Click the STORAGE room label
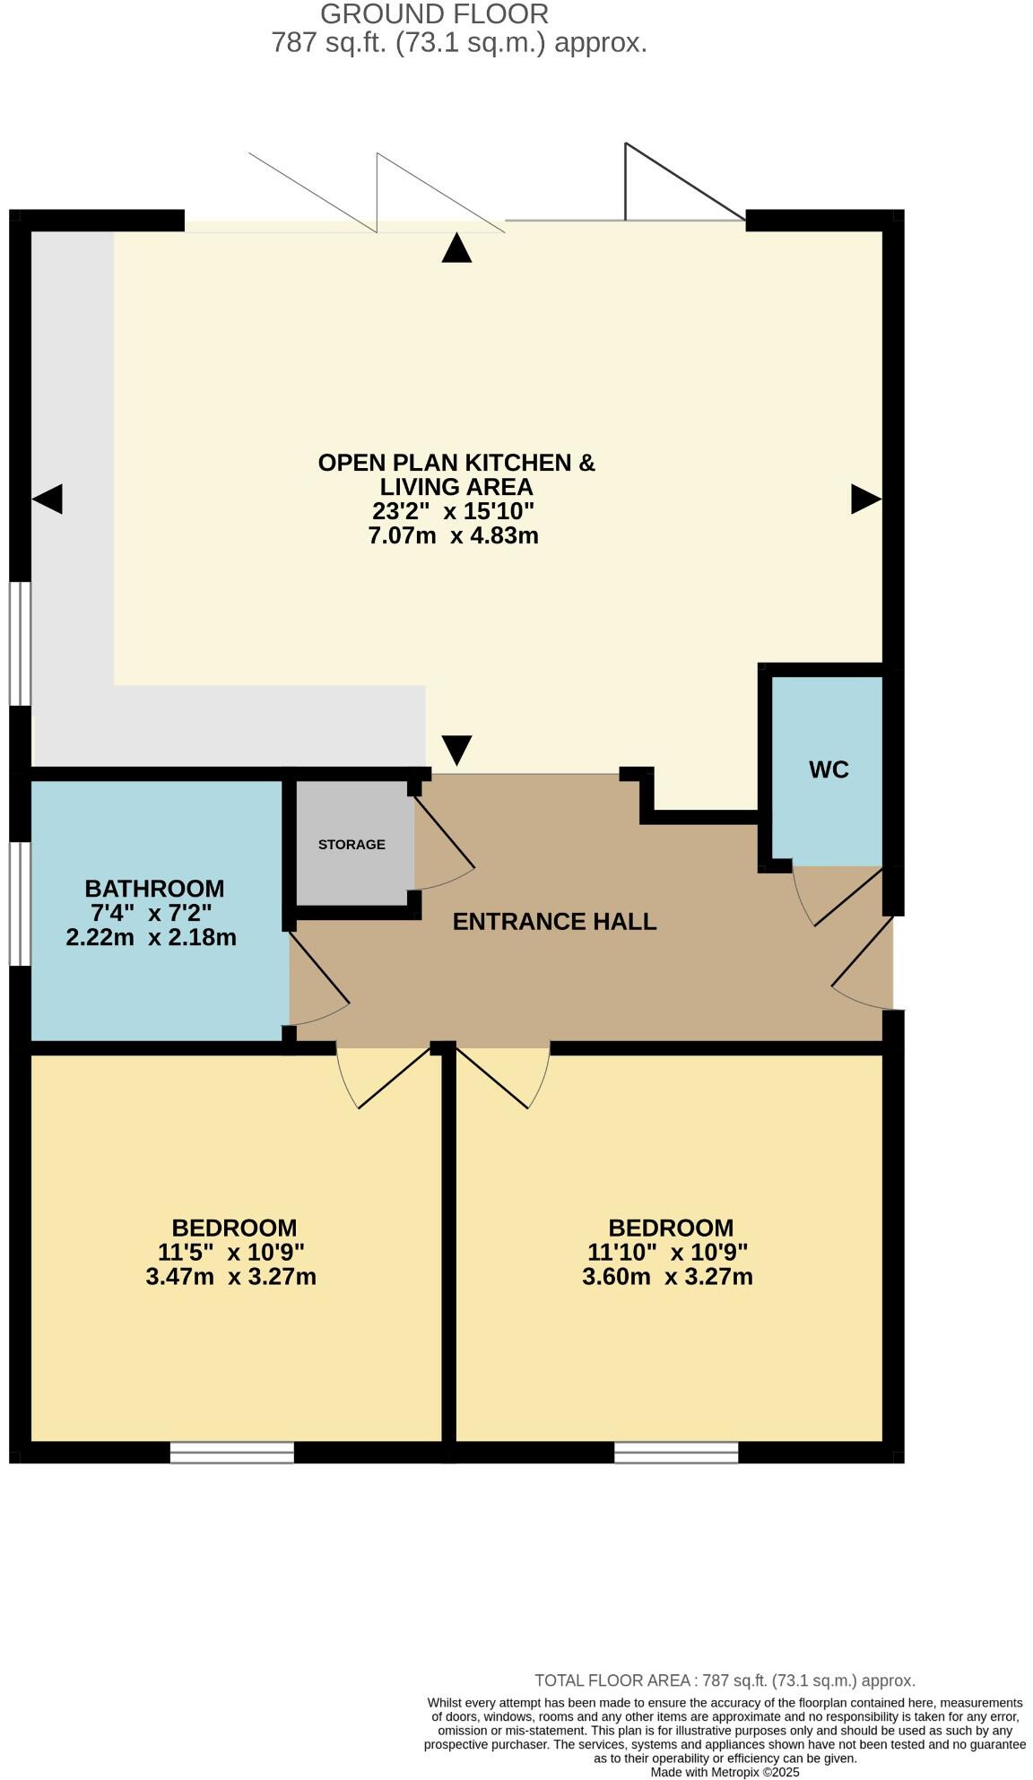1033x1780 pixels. [352, 844]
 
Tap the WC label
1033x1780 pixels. [829, 769]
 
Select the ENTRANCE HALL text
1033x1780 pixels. [554, 922]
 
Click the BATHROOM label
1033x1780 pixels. [154, 889]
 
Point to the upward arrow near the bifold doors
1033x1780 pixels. [456, 248]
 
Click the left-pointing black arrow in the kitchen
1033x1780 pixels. [48, 499]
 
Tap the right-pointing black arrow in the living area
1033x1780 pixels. [865, 499]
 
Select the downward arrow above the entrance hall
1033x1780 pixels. [456, 750]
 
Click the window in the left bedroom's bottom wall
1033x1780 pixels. [232, 1452]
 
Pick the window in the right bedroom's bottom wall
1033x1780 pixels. [676, 1452]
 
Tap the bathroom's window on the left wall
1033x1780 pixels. [20, 903]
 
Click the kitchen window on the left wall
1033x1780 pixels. [20, 643]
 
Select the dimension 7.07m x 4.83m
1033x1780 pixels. [453, 536]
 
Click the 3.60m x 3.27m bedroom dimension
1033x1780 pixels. [667, 1277]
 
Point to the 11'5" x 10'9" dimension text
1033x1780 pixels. [231, 1252]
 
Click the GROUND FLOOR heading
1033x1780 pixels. [434, 14]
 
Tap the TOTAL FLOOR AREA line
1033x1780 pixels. [725, 1680]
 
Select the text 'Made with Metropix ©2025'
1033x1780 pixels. [725, 1772]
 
